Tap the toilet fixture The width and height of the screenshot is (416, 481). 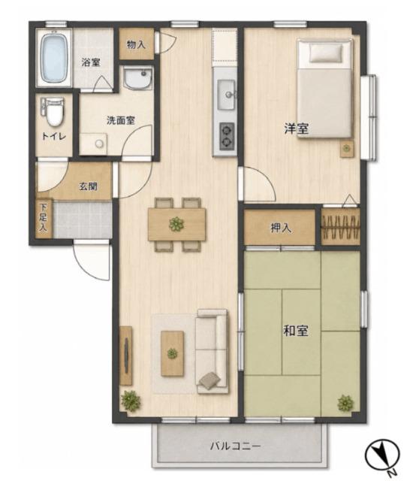point(54,112)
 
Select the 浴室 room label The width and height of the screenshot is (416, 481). point(91,62)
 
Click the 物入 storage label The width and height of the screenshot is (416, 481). point(136,45)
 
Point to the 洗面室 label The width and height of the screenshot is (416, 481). point(121,120)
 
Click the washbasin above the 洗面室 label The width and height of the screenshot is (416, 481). point(137,78)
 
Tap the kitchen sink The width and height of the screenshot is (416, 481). point(226,95)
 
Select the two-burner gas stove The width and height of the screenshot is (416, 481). point(227,136)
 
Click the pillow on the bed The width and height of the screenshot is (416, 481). point(326,53)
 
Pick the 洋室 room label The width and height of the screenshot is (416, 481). point(296,129)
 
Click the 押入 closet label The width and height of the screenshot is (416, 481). point(281,228)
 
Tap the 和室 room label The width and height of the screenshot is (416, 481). point(296,331)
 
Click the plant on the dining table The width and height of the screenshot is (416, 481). point(176,224)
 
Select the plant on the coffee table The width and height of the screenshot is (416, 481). point(172,354)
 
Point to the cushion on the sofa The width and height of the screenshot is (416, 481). point(210,381)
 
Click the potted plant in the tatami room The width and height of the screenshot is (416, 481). point(345,403)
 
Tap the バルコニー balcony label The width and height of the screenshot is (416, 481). point(235,446)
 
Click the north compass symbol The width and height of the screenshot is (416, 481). point(383,455)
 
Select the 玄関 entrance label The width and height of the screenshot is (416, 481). point(89,186)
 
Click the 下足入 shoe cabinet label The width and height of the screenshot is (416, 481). point(44,217)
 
